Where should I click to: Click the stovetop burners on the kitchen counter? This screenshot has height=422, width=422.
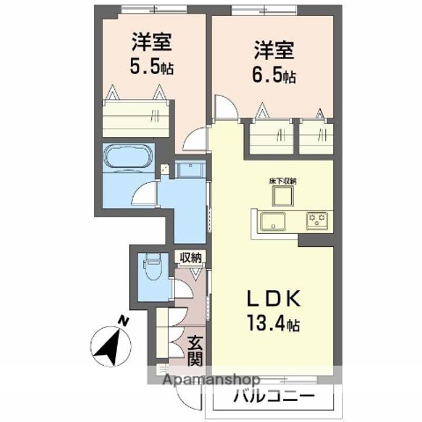pos(316,220)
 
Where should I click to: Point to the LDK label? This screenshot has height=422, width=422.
pos(273,299)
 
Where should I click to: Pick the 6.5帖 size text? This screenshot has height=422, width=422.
pos(271,76)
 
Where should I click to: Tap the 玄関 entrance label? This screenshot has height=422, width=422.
pos(195,351)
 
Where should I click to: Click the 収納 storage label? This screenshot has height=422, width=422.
pos(191,258)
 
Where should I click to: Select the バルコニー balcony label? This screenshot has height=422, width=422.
pos(273,397)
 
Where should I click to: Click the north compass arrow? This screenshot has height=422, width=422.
pos(110,346)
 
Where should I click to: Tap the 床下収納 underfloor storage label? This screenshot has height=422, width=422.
pos(283,180)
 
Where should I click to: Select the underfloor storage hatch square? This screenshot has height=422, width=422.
pos(283,194)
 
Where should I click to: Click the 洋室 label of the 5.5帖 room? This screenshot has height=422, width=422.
pos(151,40)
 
